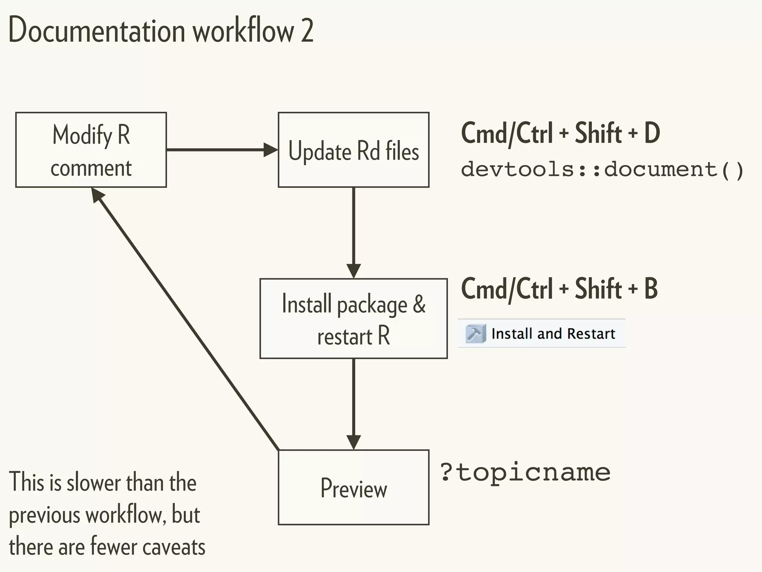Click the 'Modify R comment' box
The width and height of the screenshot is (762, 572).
point(91,150)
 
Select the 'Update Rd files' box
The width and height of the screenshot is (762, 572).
point(353,150)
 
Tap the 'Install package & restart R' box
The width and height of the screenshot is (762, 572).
point(353,319)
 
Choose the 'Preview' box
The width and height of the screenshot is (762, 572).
point(353,487)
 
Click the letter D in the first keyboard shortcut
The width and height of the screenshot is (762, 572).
point(652,133)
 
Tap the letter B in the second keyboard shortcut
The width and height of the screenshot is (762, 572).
point(651,289)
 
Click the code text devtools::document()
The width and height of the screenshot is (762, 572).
point(602,169)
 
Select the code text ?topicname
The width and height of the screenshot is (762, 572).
point(525,473)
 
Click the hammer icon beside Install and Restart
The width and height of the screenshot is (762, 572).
point(475,334)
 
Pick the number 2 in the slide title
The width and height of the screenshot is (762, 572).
point(307,31)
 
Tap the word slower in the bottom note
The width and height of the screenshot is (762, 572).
point(93,483)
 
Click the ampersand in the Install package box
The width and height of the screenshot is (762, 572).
point(419,304)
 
